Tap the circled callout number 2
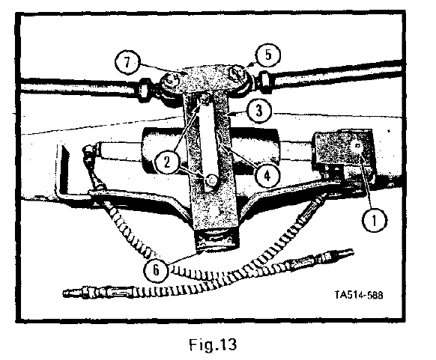point(166,162)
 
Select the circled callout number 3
point(259,110)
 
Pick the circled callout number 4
point(267,176)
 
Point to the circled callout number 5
point(268,55)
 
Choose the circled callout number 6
point(156,269)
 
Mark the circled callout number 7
point(127,62)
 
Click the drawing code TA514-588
point(358,295)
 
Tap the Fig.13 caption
point(213,344)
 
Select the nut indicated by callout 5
point(237,75)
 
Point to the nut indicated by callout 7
point(169,82)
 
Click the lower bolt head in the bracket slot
point(211,180)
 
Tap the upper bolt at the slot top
point(205,98)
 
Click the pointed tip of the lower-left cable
point(64,293)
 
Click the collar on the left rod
point(144,88)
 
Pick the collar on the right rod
point(264,79)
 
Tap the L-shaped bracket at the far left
point(64,169)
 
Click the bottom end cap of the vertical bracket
point(216,240)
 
